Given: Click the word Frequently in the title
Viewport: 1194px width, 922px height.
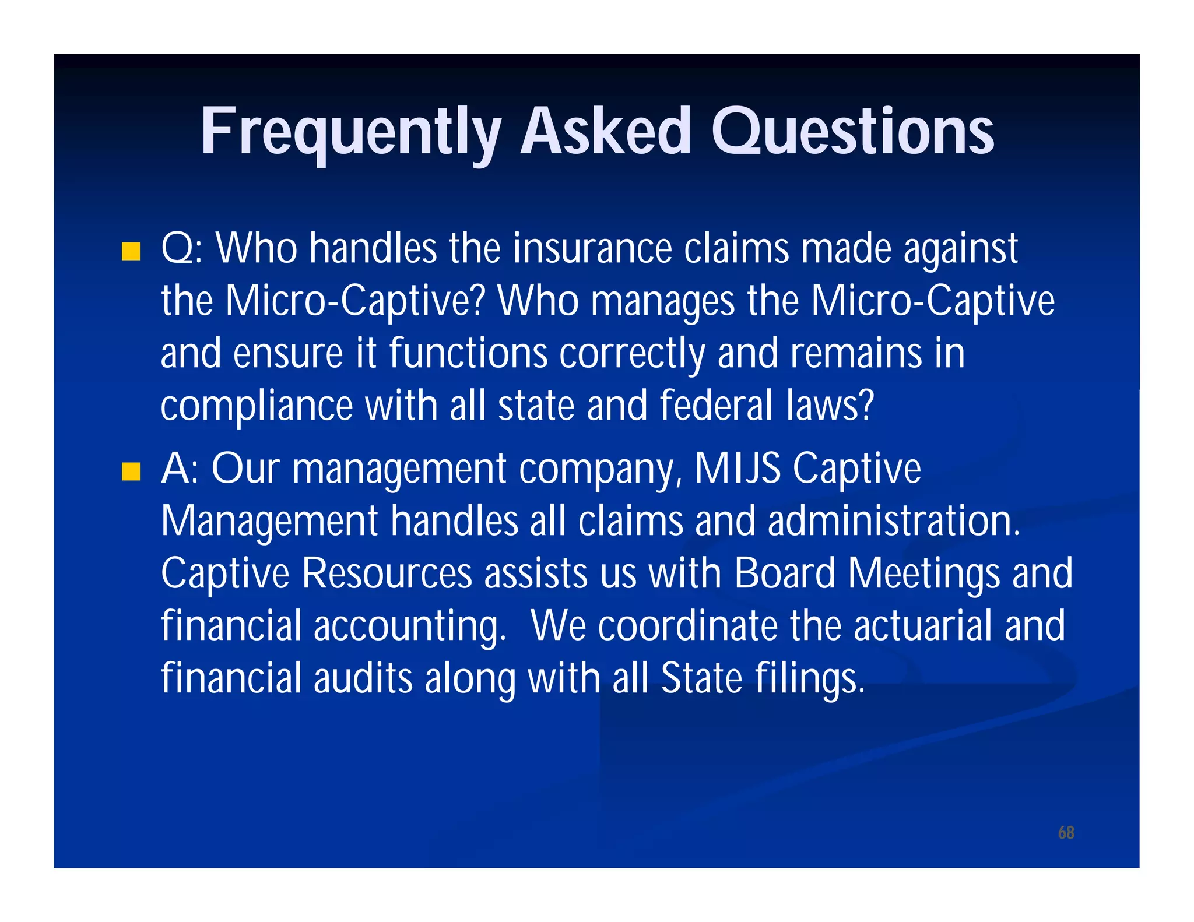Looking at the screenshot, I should click(350, 133).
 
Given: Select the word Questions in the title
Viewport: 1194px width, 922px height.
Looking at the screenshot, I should click(852, 133).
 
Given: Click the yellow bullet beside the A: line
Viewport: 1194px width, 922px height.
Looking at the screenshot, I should click(131, 471).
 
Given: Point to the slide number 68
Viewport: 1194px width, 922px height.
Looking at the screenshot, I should click(1066, 832).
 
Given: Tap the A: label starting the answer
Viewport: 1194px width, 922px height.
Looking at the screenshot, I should click(180, 469).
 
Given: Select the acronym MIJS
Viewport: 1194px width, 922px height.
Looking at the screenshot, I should click(737, 469).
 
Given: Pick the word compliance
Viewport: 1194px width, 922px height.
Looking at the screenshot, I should click(257, 406).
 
